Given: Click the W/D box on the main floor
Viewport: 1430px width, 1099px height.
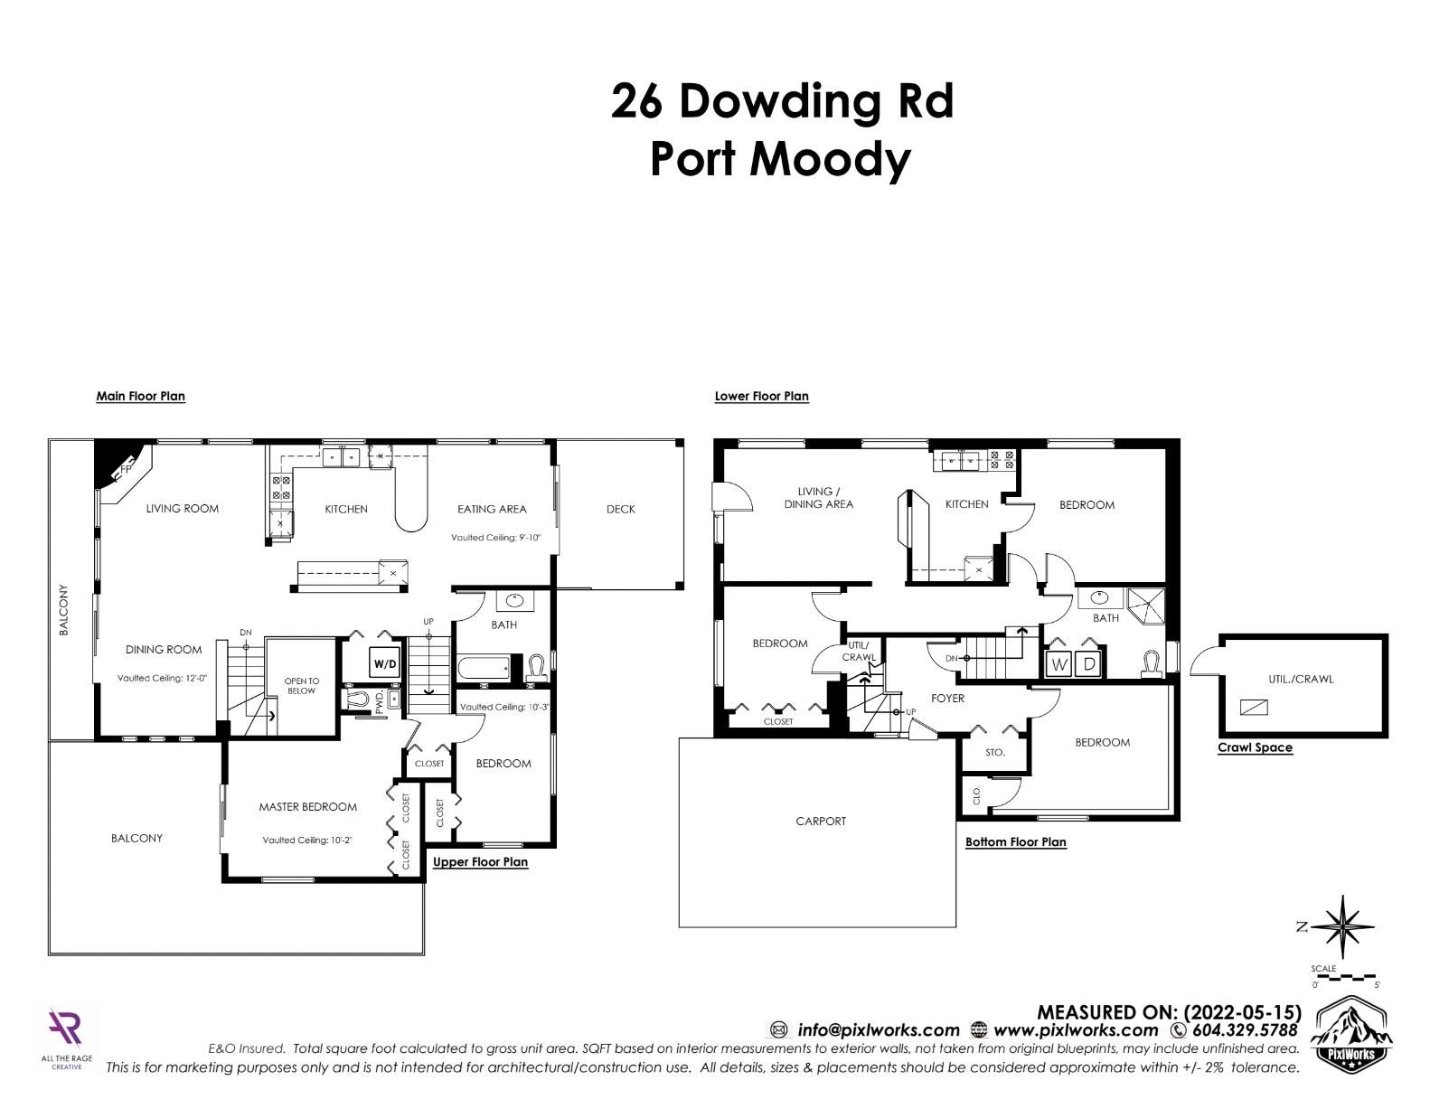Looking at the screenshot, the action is [x=385, y=663].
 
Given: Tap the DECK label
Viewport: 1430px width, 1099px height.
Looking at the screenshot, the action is [x=621, y=509].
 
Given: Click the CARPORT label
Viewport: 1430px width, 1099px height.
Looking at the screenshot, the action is [x=821, y=821].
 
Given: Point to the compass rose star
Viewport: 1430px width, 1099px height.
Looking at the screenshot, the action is [x=1341, y=927].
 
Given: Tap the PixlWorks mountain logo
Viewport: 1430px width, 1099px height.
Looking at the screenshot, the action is [x=1351, y=1038].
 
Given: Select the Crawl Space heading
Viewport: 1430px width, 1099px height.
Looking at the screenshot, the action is [x=1255, y=747].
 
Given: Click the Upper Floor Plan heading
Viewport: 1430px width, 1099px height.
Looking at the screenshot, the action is [x=480, y=862].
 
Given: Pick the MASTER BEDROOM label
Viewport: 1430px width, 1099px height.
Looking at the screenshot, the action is [x=308, y=807].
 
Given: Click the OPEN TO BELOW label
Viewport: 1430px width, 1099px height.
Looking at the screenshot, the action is [x=301, y=686].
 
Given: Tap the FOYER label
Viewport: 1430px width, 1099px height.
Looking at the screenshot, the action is [x=947, y=699].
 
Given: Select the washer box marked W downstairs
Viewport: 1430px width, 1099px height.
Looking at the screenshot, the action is [x=1058, y=664].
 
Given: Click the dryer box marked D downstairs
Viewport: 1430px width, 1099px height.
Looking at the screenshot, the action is [x=1089, y=664].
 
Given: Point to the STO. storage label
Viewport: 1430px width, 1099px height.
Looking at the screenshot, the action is [x=995, y=752].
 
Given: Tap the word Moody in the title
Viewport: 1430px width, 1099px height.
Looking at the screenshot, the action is [x=831, y=161].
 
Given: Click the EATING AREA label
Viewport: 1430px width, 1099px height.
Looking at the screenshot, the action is [x=493, y=509].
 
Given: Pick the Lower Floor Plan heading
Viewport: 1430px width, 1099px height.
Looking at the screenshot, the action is [x=761, y=397].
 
